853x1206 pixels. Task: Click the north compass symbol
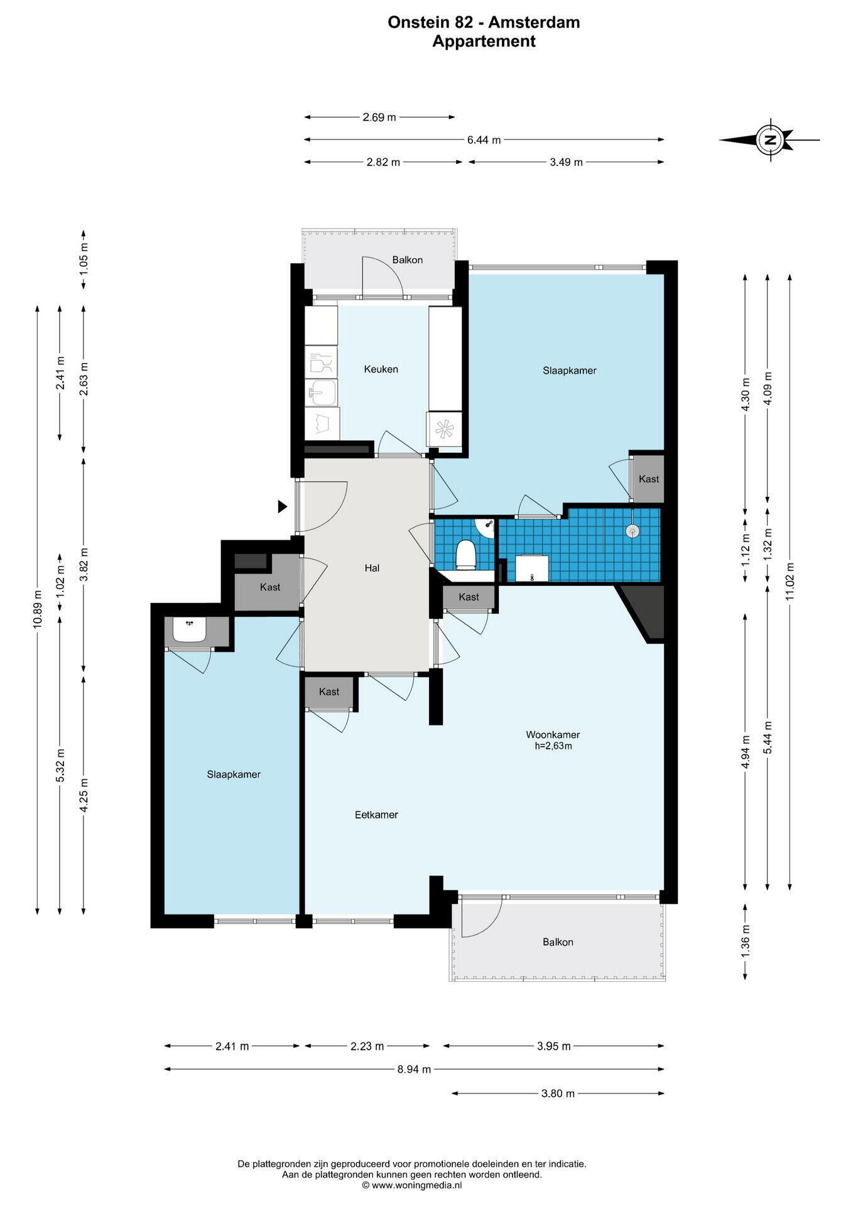tap(769, 139)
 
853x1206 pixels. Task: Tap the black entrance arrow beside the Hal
tap(283, 506)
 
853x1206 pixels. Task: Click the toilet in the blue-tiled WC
tap(465, 553)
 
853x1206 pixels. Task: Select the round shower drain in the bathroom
tap(632, 530)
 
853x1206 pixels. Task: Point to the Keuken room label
tap(381, 369)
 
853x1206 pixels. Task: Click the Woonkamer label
tap(553, 734)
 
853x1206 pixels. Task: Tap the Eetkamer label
tap(376, 815)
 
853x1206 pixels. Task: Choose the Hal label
tap(372, 568)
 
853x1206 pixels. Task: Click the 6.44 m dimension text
tap(484, 140)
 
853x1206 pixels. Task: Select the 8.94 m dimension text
tap(414, 1069)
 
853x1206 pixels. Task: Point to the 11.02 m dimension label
tap(790, 580)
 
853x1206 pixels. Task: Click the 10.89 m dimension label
tap(38, 608)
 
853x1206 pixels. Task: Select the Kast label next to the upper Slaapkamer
tap(649, 479)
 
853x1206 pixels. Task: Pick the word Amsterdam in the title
tap(534, 23)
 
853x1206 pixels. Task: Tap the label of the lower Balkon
tap(558, 942)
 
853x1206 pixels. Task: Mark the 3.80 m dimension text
tap(558, 1094)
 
